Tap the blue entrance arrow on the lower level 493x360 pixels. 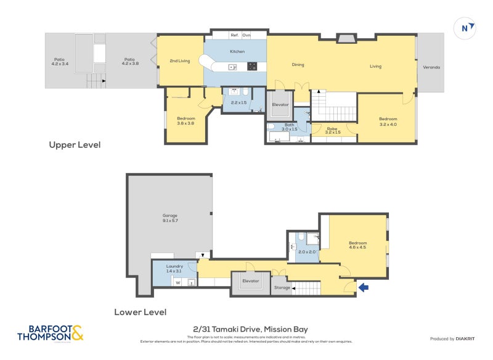click(364, 287)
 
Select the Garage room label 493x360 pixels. click(170, 218)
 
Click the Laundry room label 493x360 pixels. click(174, 269)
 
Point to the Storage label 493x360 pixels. click(282, 287)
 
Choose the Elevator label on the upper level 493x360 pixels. click(280, 104)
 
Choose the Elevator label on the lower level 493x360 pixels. click(250, 280)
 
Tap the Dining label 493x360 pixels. click(298, 64)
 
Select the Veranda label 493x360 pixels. click(431, 67)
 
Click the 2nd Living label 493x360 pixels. click(179, 60)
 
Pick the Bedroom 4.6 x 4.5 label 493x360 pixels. click(357, 244)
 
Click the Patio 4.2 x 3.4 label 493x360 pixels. click(59, 61)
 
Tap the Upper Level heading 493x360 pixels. click(75, 145)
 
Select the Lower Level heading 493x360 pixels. click(140, 312)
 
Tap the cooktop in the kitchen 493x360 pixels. click(251, 66)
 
